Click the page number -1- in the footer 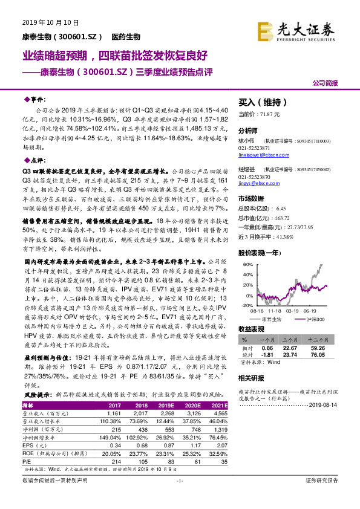tap(179, 497)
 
